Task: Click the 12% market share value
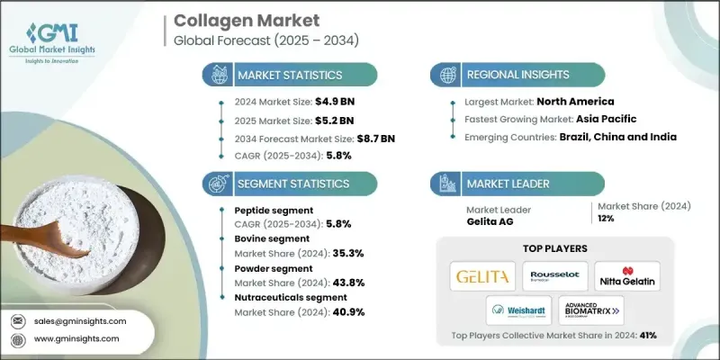click(605, 221)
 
